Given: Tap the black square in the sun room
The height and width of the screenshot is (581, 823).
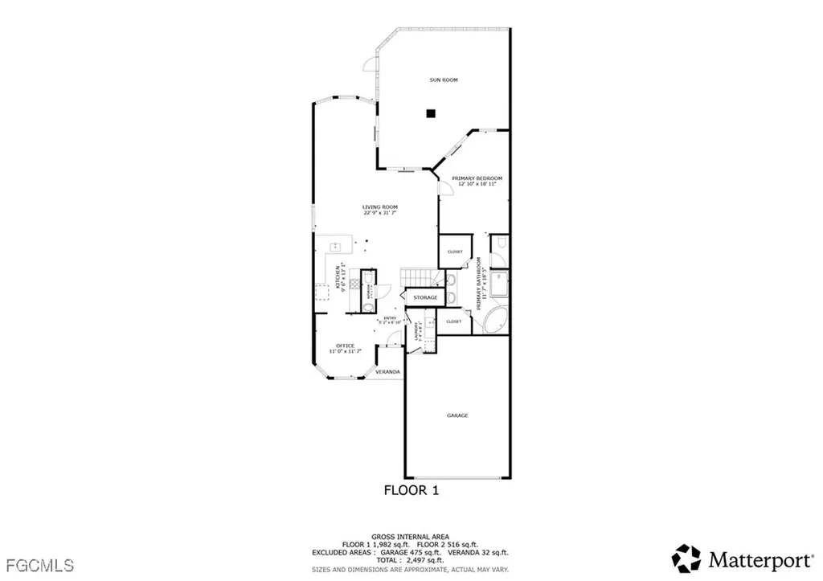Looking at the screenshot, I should pyautogui.click(x=431, y=114).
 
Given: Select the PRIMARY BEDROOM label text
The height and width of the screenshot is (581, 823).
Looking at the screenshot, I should pyautogui.click(x=477, y=178).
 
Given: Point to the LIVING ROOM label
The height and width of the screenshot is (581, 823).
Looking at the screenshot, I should pyautogui.click(x=379, y=207).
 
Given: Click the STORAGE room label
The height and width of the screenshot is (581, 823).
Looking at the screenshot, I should pyautogui.click(x=425, y=297).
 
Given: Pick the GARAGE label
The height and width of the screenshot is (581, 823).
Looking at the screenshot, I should pyautogui.click(x=457, y=415).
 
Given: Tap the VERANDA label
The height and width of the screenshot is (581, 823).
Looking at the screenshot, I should pyautogui.click(x=387, y=372).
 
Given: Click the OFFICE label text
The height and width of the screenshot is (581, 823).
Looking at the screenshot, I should pyautogui.click(x=346, y=346).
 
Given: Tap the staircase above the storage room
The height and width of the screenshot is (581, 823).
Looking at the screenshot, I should pyautogui.click(x=418, y=276).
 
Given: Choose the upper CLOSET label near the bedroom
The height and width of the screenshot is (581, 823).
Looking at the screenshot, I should pyautogui.click(x=455, y=252).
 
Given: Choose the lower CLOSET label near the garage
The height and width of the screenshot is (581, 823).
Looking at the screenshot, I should pyautogui.click(x=454, y=321).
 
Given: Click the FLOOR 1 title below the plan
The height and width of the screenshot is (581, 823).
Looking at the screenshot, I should pyautogui.click(x=411, y=489).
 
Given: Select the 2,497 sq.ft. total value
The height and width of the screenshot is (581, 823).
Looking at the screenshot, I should pyautogui.click(x=433, y=559).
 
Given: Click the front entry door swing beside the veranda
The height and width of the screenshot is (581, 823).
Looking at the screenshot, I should pyautogui.click(x=394, y=344).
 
